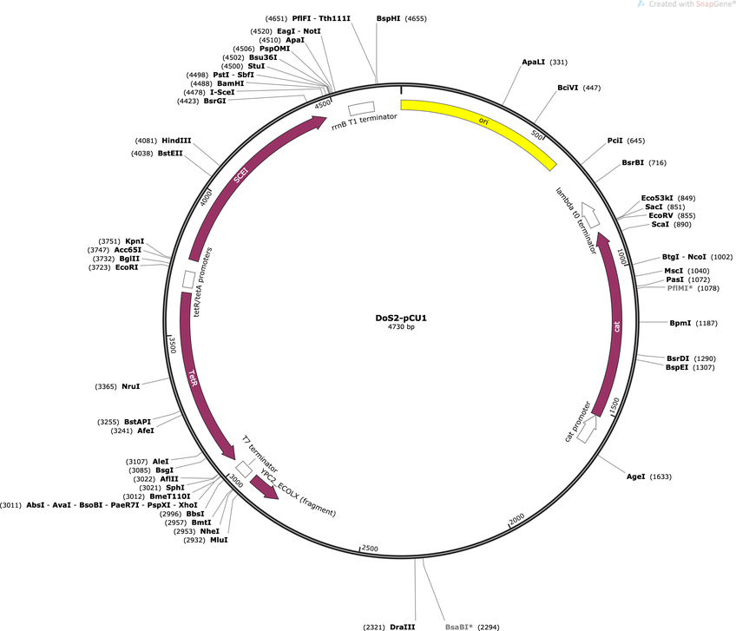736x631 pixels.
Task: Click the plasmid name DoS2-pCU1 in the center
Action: pos(401,318)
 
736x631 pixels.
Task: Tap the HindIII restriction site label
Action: pos(176,141)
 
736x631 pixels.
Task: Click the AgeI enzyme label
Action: pos(636,477)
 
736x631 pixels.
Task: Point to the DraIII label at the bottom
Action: pos(402,627)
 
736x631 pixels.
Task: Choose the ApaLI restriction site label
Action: pos(534,62)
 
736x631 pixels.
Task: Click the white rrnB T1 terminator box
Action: pos(361,108)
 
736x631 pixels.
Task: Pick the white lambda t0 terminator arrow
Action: pos(590,214)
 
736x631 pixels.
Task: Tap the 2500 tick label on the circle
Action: pos(370,549)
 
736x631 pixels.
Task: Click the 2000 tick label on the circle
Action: pos(516,519)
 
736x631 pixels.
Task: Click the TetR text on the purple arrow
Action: pos(194,378)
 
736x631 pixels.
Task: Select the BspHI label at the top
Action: pos(388,19)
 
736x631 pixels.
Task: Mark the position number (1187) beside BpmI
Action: pos(706,323)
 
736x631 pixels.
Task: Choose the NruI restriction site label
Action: pos(131,386)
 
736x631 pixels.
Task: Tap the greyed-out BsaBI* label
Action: pos(459,627)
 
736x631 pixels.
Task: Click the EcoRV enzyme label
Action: pos(660,215)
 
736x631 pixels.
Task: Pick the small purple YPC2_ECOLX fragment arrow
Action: pos(264,487)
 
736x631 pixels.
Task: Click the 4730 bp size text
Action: pos(401,326)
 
